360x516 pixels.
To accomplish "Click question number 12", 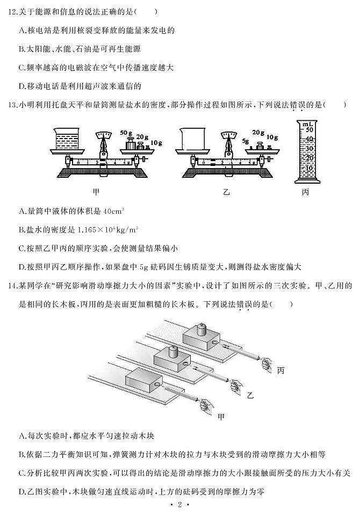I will pos(9,11).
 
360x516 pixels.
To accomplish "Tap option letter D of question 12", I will pos(21,86).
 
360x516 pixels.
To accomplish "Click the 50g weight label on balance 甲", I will pos(126,132).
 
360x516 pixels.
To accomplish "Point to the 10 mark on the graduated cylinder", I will pos(308,168).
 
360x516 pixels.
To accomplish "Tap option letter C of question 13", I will pos(21,248).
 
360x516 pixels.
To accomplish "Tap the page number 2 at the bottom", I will pos(179,505).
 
